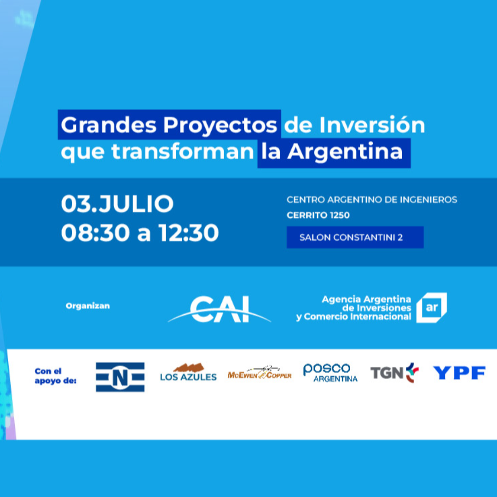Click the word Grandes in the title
coord(109,125)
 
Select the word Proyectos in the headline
coord(220,126)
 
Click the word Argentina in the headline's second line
coord(345,152)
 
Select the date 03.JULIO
coord(117,203)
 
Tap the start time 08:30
coord(95,233)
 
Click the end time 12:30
coord(189,233)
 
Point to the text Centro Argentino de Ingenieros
coord(372,199)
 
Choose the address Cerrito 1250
coord(318,215)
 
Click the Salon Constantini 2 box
coord(355,237)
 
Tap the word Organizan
coord(88,306)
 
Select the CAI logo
coord(220,309)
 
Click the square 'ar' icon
coord(432,307)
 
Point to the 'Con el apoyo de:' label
coord(56,376)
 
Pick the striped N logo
coord(120,377)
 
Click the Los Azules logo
coord(188,372)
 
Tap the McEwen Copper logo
coord(260,373)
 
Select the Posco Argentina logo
coord(330,373)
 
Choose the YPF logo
coord(459,372)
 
